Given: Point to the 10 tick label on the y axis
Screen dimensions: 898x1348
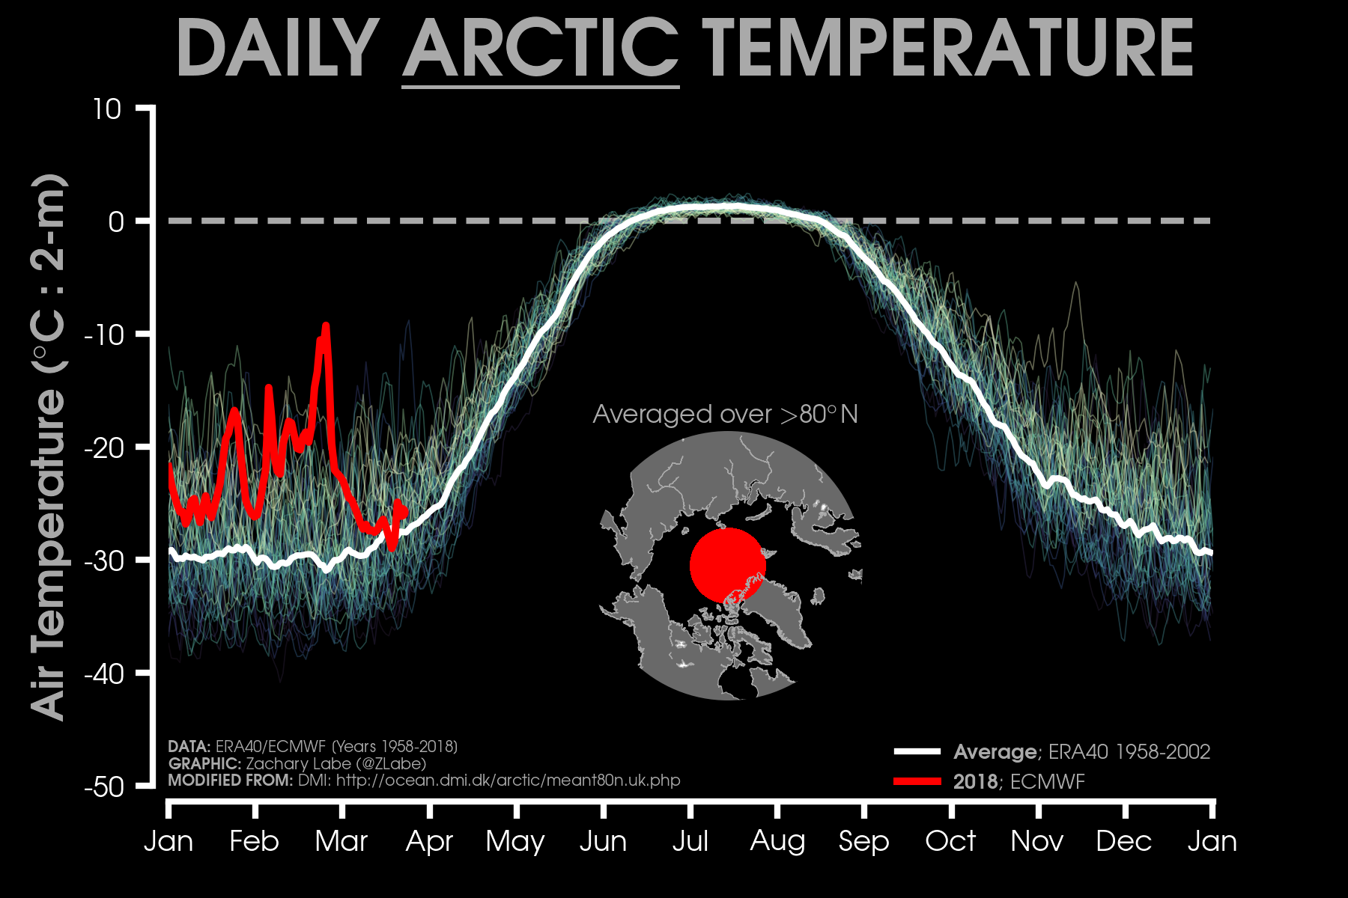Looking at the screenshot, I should tap(106, 109).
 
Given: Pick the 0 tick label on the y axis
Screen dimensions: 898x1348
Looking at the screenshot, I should tap(115, 222).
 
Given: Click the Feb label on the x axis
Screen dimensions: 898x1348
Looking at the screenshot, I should tap(254, 841).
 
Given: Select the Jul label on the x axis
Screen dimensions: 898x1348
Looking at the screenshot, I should tap(690, 841).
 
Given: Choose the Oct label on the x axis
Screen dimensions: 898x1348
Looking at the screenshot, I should tap(950, 841).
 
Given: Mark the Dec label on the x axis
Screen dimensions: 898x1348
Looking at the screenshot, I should tap(1123, 841).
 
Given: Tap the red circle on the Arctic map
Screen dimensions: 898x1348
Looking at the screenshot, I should tap(727, 566).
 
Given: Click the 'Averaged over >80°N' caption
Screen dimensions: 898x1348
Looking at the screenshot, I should tap(725, 414).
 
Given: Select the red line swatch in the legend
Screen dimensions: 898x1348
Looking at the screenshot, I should tap(917, 781).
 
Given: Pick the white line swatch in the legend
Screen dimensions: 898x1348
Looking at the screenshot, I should tap(917, 751).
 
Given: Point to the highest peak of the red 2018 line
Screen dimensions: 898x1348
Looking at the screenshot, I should tap(326, 326).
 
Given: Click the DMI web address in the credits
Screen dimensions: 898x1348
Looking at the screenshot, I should tap(508, 781).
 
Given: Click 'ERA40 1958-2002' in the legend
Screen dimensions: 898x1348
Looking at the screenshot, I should tap(1129, 751).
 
